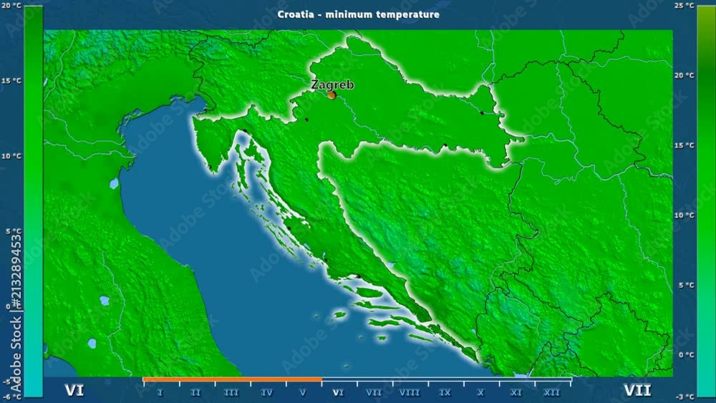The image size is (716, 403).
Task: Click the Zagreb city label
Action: pos(332,84)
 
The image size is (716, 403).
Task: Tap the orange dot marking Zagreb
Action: pos(332,94)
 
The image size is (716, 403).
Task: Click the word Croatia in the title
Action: pos(294,14)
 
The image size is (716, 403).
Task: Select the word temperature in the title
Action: pos(410,14)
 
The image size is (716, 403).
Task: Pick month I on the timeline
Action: pos(160,392)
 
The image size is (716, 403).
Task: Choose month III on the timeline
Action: pos(231,392)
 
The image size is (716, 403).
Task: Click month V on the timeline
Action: pos(303,392)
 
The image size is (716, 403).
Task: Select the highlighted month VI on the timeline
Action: pos(339,392)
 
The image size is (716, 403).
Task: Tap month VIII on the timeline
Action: pos(410,392)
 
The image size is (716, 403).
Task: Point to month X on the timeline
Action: pos(481,392)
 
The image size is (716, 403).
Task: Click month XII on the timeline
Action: pos(552,392)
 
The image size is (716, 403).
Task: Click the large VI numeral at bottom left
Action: pos(74,390)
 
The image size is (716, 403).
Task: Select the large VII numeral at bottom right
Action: pos(637,390)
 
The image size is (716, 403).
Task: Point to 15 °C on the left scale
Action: pos(11,81)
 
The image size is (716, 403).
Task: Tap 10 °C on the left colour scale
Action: pos(11,156)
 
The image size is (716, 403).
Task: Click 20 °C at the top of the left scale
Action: pos(11,6)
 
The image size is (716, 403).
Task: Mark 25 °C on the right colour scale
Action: pos(704,6)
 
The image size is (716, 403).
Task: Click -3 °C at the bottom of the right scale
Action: pos(705,396)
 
